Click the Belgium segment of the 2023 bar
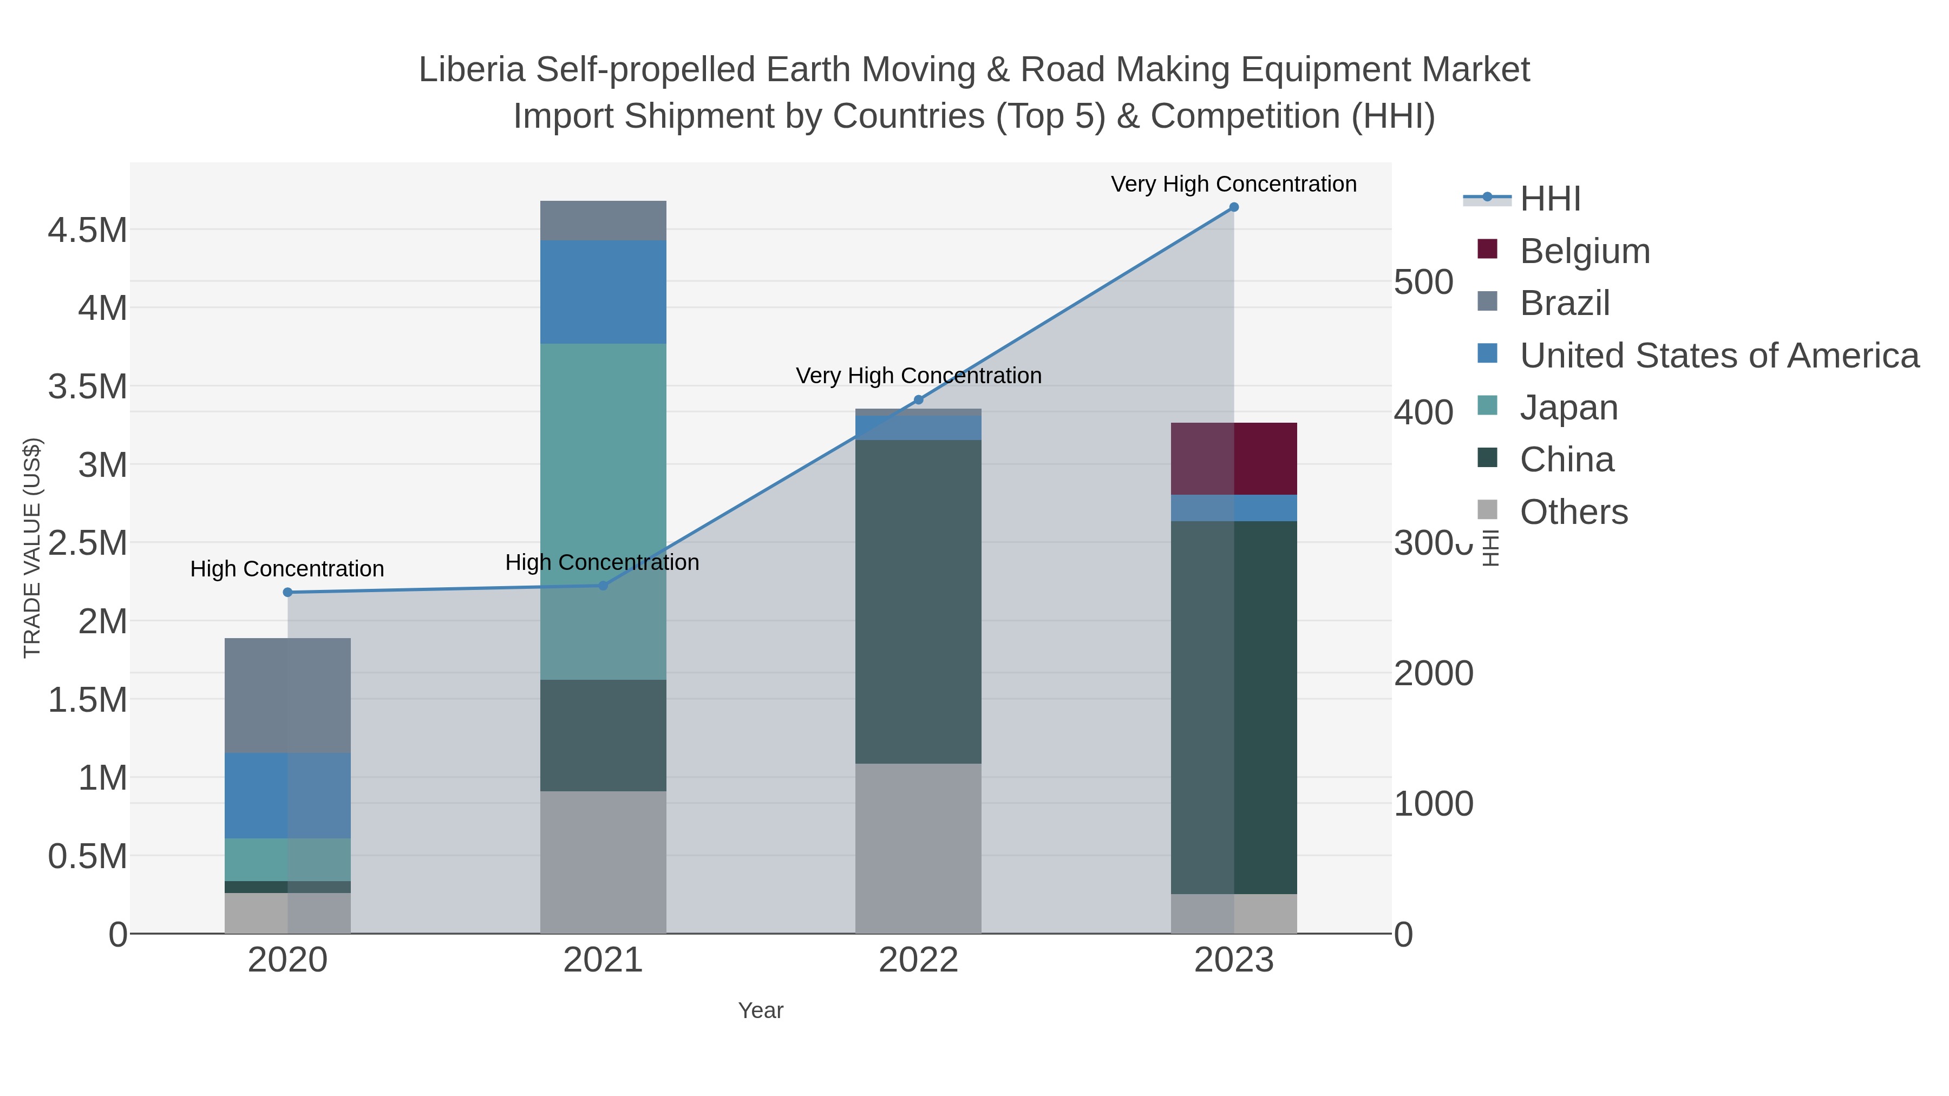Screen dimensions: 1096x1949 pos(1233,458)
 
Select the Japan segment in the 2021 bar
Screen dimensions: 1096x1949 pos(603,511)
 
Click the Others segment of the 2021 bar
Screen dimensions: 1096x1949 pos(603,862)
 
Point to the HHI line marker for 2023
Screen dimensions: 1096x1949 pos(1233,207)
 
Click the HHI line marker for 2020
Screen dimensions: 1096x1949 pos(287,592)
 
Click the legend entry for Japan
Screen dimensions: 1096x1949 pos(1568,408)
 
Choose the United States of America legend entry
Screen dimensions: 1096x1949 pos(1717,356)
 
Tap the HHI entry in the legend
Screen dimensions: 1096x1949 pos(1549,199)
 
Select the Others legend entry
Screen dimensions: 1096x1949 pos(1572,512)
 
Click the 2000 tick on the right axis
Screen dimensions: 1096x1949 pos(1433,673)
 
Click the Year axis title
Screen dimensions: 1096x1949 pos(761,1010)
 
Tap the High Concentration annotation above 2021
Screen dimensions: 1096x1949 pos(602,563)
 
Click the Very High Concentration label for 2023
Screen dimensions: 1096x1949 pos(1233,185)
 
